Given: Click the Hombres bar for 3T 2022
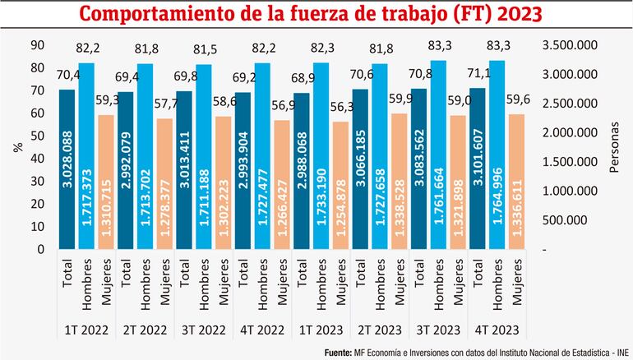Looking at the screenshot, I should [x=205, y=156].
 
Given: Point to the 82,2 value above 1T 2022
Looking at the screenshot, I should [x=87, y=53].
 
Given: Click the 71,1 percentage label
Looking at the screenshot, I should [x=478, y=74].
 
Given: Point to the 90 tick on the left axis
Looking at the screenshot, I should [x=36, y=46].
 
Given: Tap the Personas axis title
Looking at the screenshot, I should [x=614, y=148].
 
